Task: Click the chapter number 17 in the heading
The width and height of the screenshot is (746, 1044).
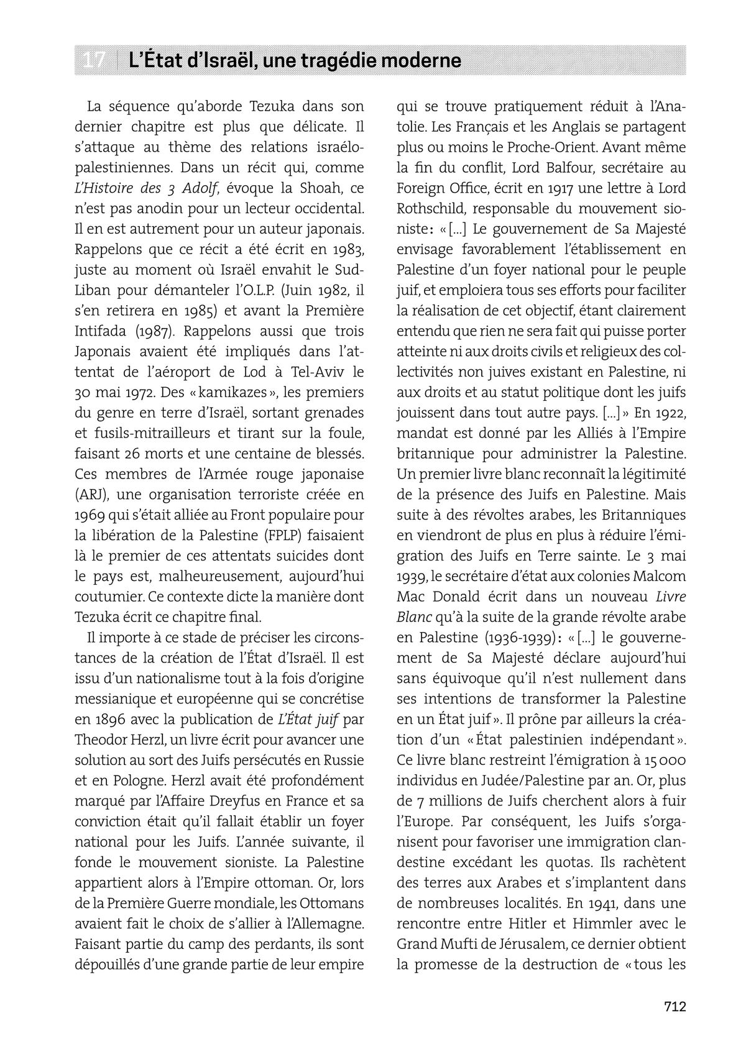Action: click(x=94, y=61)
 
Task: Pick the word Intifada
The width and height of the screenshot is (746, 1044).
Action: click(x=103, y=331)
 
